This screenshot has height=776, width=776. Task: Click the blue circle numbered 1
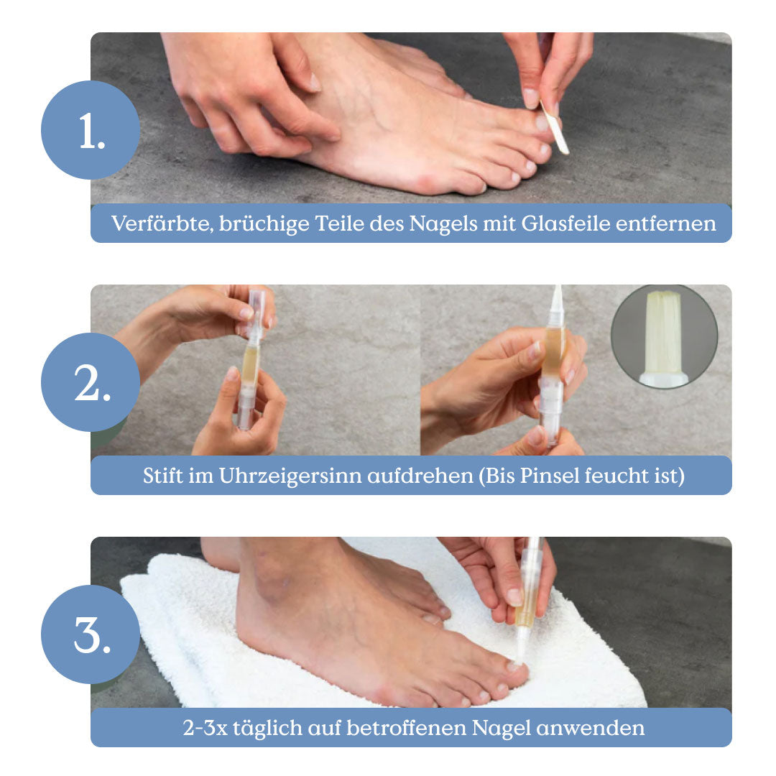pos(90,129)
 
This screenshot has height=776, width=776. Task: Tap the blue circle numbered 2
pos(90,382)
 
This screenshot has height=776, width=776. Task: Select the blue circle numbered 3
pos(90,634)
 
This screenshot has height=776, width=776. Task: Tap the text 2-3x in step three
pos(205,729)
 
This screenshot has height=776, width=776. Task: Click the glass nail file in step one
pos(554,127)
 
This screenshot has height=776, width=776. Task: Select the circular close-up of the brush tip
pos(664,336)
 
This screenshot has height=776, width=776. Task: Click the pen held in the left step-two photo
pos(252,359)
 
